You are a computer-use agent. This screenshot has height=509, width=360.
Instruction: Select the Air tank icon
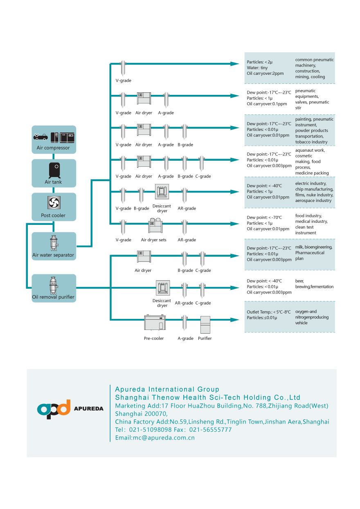coord(54,170)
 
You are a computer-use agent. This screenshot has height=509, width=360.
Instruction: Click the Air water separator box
coord(54,246)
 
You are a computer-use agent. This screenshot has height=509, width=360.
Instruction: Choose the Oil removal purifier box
coord(54,288)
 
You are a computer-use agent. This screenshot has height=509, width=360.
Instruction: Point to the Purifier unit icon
coord(205,325)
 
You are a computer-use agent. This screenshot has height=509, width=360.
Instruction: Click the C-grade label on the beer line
coord(203,303)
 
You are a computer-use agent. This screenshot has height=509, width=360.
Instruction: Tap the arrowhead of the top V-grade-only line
coord(234,64)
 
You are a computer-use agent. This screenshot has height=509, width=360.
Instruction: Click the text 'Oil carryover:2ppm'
coord(265,74)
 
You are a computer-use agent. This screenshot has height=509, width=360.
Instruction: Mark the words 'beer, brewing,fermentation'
coord(314,284)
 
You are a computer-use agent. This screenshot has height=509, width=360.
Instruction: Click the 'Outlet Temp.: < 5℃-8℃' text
coord(268,312)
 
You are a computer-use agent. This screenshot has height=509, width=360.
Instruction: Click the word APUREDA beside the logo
coord(88,408)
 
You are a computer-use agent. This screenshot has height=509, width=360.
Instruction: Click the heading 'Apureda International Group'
coord(167,389)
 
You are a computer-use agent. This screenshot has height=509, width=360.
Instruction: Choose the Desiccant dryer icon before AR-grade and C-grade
coord(162,288)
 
